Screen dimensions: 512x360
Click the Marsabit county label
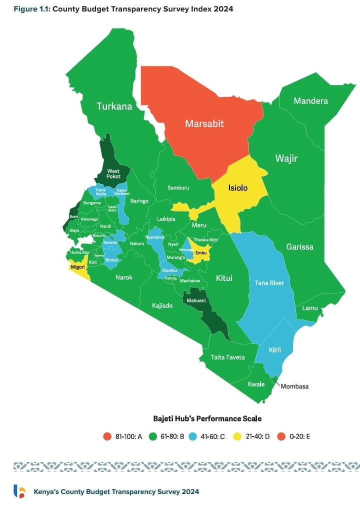click(x=204, y=123)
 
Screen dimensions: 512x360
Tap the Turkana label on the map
click(x=114, y=106)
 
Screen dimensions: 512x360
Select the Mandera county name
click(x=310, y=101)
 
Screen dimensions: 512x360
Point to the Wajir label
click(x=286, y=158)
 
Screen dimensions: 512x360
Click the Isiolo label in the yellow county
click(x=238, y=188)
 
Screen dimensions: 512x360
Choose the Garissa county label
click(x=300, y=247)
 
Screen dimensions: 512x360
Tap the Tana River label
click(x=269, y=283)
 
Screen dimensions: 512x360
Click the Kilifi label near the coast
click(x=274, y=350)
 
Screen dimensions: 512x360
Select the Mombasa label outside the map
click(x=294, y=386)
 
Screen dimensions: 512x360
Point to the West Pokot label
click(x=113, y=174)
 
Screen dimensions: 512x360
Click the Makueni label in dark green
click(x=196, y=300)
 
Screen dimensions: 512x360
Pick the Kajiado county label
click(x=162, y=305)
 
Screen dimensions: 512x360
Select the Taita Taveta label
click(x=227, y=357)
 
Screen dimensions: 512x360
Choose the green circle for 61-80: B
click(x=154, y=436)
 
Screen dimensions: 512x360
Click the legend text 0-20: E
click(x=300, y=436)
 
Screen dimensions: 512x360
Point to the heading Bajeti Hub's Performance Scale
click(x=207, y=418)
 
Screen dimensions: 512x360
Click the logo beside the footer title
click(x=19, y=491)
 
